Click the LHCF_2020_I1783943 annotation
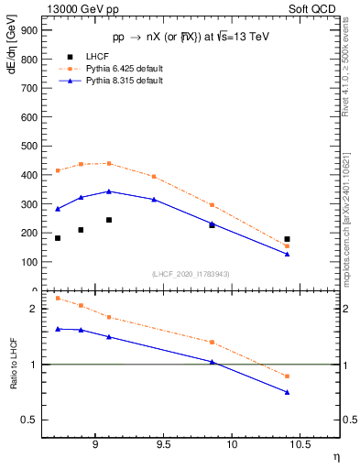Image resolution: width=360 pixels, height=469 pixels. point(191,274)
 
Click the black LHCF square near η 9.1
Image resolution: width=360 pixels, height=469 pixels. point(109,220)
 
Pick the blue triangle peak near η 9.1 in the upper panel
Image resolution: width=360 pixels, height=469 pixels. point(109,191)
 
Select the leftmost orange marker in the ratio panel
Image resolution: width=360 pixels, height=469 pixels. point(58,298)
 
